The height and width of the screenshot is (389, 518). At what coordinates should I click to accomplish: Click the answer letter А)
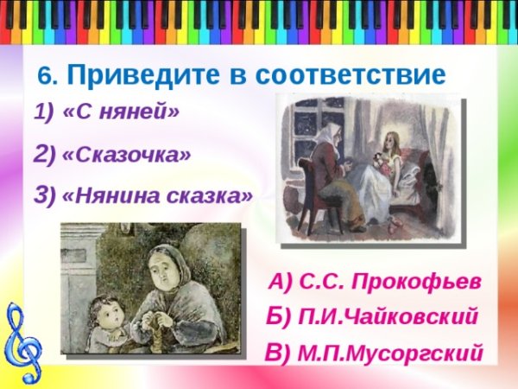[x=281, y=282]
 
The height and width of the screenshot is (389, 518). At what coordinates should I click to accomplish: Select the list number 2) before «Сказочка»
[x=44, y=156]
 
